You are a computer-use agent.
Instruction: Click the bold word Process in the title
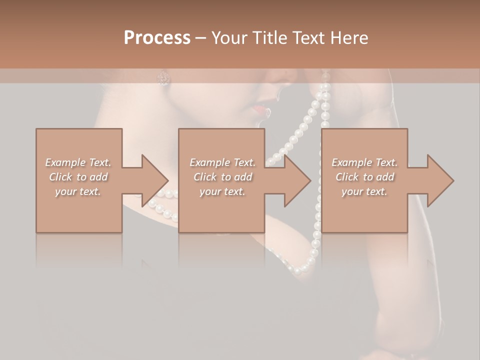click(x=157, y=38)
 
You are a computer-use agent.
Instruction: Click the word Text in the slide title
click(x=307, y=38)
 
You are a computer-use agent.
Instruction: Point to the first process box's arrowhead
click(x=155, y=180)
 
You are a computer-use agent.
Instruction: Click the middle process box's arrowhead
click(x=297, y=180)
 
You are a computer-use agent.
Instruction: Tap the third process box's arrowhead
click(x=440, y=180)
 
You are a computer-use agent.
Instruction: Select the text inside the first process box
click(x=78, y=177)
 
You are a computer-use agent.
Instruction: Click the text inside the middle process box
click(x=222, y=177)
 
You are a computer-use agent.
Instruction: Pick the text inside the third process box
click(x=364, y=177)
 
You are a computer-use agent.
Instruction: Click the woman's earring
click(x=163, y=77)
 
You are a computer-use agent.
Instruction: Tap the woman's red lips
click(x=258, y=109)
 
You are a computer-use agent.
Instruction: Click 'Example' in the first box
click(x=65, y=162)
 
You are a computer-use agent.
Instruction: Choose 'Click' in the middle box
click(x=205, y=177)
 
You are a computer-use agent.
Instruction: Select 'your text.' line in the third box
click(x=364, y=191)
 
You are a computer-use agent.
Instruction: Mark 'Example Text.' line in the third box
click(x=364, y=162)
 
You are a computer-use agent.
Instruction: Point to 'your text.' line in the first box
click(x=78, y=191)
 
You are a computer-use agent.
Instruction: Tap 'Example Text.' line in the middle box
click(x=222, y=162)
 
